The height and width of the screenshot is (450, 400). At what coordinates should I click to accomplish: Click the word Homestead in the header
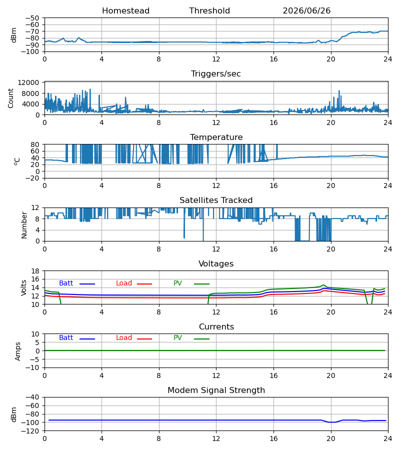pyautogui.click(x=125, y=11)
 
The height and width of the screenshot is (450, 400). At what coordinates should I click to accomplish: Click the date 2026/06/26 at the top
pyautogui.click(x=306, y=11)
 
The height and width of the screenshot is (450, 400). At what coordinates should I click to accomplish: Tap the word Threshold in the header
pyautogui.click(x=209, y=11)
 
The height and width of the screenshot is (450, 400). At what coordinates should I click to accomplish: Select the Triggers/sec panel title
pyautogui.click(x=216, y=74)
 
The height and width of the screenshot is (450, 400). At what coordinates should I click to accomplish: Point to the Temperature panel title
pyautogui.click(x=216, y=137)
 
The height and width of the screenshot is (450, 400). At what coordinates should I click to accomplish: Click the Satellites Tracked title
pyautogui.click(x=216, y=200)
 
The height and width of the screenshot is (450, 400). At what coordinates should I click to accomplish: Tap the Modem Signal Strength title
pyautogui.click(x=216, y=390)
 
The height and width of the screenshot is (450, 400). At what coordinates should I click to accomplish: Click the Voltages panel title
pyautogui.click(x=216, y=263)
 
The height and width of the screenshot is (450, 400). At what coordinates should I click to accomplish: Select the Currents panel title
pyautogui.click(x=216, y=327)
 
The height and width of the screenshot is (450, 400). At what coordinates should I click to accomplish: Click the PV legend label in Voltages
pyautogui.click(x=177, y=283)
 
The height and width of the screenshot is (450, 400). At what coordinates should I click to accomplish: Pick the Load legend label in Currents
pyautogui.click(x=124, y=338)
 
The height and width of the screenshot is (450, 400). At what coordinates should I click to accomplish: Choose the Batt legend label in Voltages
pyautogui.click(x=66, y=283)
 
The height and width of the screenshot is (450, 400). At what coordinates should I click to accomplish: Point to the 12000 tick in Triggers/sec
pyautogui.click(x=28, y=82)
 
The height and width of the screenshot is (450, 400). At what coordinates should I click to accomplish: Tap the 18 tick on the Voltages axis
pyautogui.click(x=35, y=271)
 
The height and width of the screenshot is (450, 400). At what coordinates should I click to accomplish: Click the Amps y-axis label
pyautogui.click(x=18, y=351)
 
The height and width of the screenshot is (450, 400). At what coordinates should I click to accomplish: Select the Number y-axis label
pyautogui.click(x=24, y=225)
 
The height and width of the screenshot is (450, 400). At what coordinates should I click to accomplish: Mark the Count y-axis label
pyautogui.click(x=11, y=98)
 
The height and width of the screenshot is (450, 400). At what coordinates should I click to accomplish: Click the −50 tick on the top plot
pyautogui.click(x=32, y=18)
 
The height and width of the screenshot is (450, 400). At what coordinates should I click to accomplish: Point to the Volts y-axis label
pyautogui.click(x=24, y=288)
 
